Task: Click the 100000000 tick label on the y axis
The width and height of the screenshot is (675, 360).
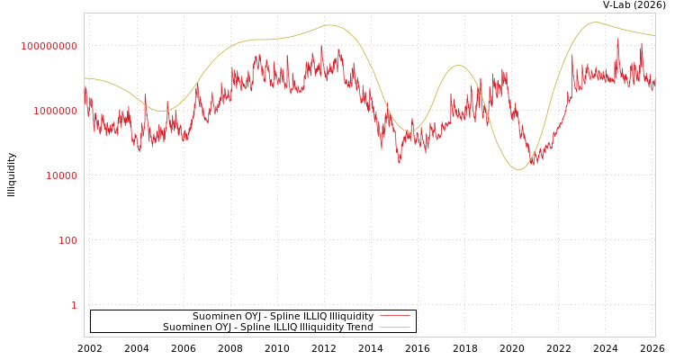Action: point(49,46)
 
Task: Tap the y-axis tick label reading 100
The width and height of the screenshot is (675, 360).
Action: point(68,240)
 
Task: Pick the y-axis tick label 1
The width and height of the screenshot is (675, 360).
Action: point(75,305)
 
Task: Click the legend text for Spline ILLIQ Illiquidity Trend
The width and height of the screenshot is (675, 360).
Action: point(268,328)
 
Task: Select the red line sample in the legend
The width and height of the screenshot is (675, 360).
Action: point(394,317)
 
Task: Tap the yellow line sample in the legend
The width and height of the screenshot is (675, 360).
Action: point(394,328)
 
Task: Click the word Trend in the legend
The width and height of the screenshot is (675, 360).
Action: point(358,328)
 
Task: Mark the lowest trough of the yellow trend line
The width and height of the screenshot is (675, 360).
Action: point(518,169)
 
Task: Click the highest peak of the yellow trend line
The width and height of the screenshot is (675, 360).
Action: point(595,22)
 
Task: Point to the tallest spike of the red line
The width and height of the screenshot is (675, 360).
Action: point(617,40)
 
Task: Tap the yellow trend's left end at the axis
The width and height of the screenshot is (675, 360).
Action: point(85,78)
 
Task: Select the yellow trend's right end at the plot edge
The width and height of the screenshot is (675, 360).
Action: point(654,35)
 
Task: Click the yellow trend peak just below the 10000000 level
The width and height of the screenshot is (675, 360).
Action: point(458,66)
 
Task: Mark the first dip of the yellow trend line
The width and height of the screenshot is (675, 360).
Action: point(163,112)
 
